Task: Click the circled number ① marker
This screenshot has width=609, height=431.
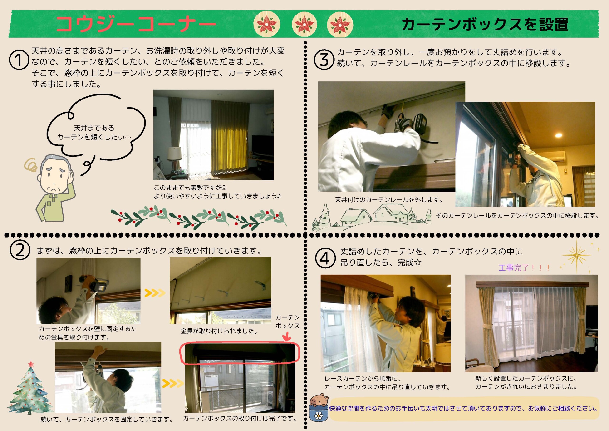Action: click(19, 60)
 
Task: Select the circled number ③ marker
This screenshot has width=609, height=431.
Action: click(324, 59)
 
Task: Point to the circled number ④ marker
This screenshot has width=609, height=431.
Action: click(325, 258)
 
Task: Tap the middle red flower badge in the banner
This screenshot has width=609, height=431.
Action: click(304, 24)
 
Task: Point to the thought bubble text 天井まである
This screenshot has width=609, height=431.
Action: click(94, 128)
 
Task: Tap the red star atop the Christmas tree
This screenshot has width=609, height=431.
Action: click(31, 364)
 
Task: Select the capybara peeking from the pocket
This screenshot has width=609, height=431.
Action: click(319, 400)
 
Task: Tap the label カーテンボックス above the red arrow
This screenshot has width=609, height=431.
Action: click(287, 321)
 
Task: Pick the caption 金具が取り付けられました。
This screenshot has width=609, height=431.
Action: click(219, 331)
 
